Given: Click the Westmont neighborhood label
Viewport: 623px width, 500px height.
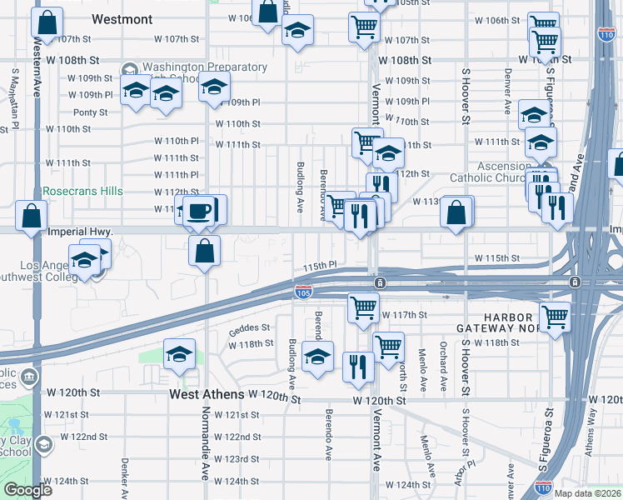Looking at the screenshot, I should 122,18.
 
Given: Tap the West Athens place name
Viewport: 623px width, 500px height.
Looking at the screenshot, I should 207,394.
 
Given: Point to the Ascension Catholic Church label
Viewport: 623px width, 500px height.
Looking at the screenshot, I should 496,172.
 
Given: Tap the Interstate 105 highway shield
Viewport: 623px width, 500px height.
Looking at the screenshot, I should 303,292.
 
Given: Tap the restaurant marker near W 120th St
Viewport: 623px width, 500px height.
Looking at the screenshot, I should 358,366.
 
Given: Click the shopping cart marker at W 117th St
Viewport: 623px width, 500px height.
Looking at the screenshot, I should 363,307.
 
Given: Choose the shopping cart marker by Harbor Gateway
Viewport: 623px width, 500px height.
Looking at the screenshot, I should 554,317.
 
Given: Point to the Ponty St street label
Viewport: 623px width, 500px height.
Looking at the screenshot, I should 91,112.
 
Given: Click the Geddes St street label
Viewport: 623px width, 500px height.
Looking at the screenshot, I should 250,328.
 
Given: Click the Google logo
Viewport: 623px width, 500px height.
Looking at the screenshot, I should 27,490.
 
